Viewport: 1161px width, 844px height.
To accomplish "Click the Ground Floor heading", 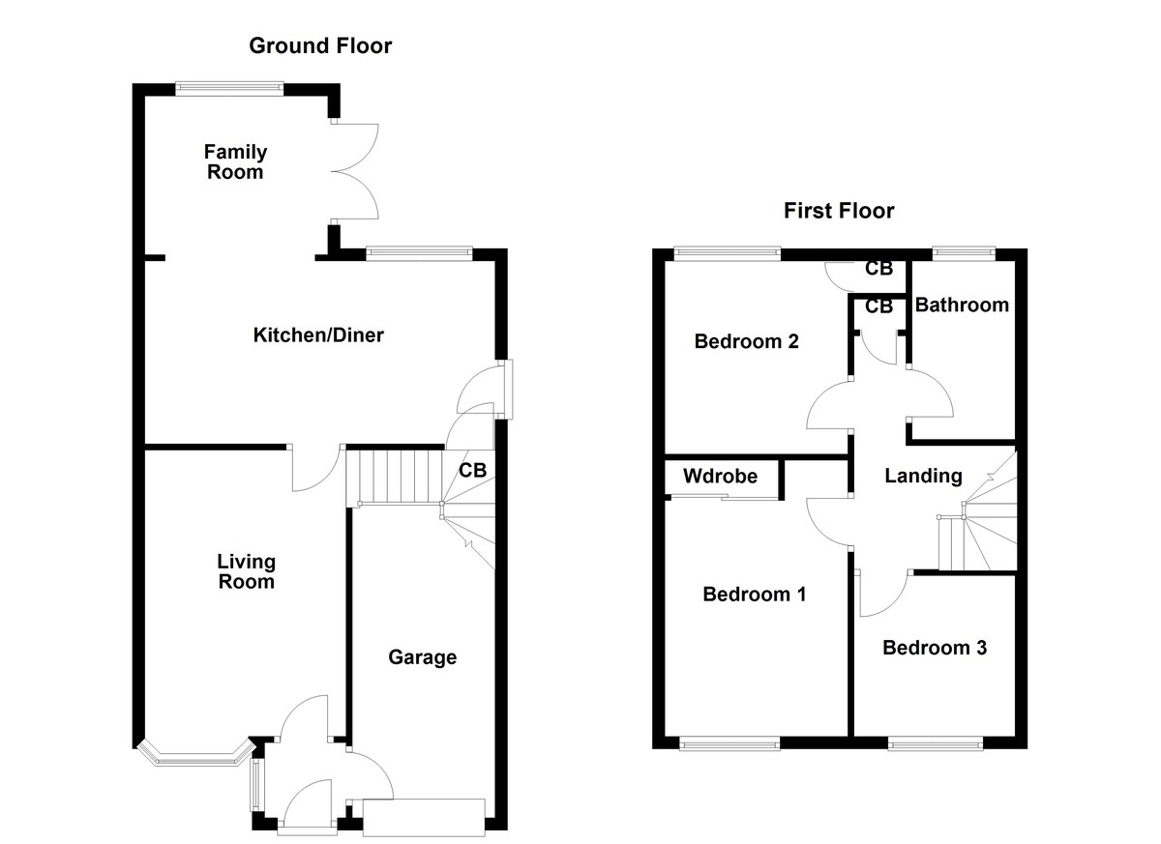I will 320,45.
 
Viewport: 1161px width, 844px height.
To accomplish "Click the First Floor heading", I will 839,211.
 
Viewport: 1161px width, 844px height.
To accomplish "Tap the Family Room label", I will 235,162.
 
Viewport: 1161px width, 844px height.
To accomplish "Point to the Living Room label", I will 246,571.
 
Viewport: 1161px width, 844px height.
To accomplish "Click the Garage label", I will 422,657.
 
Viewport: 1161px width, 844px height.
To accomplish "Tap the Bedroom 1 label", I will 754,594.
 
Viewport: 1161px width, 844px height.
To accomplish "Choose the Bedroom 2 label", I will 746,341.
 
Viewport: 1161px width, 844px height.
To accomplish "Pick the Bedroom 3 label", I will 934,648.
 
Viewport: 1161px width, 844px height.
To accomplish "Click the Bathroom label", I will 962,306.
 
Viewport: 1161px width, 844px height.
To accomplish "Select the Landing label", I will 923,476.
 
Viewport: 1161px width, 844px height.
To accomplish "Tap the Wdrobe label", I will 720,477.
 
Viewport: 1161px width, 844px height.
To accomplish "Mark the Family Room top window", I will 229,88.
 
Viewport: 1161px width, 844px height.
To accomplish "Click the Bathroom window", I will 963,254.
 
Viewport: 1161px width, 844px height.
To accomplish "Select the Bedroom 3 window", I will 935,743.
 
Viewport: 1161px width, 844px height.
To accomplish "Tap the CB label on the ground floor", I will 472,471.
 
